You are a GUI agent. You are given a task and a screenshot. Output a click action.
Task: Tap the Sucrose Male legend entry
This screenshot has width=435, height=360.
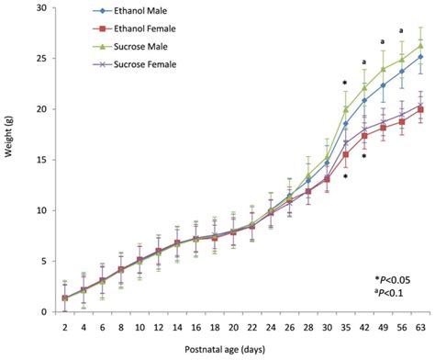[x=112, y=47]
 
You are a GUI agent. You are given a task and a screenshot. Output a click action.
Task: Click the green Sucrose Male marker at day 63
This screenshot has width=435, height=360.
[x=420, y=46]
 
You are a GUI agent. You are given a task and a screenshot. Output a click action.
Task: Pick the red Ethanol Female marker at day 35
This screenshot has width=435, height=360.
[x=345, y=154]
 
